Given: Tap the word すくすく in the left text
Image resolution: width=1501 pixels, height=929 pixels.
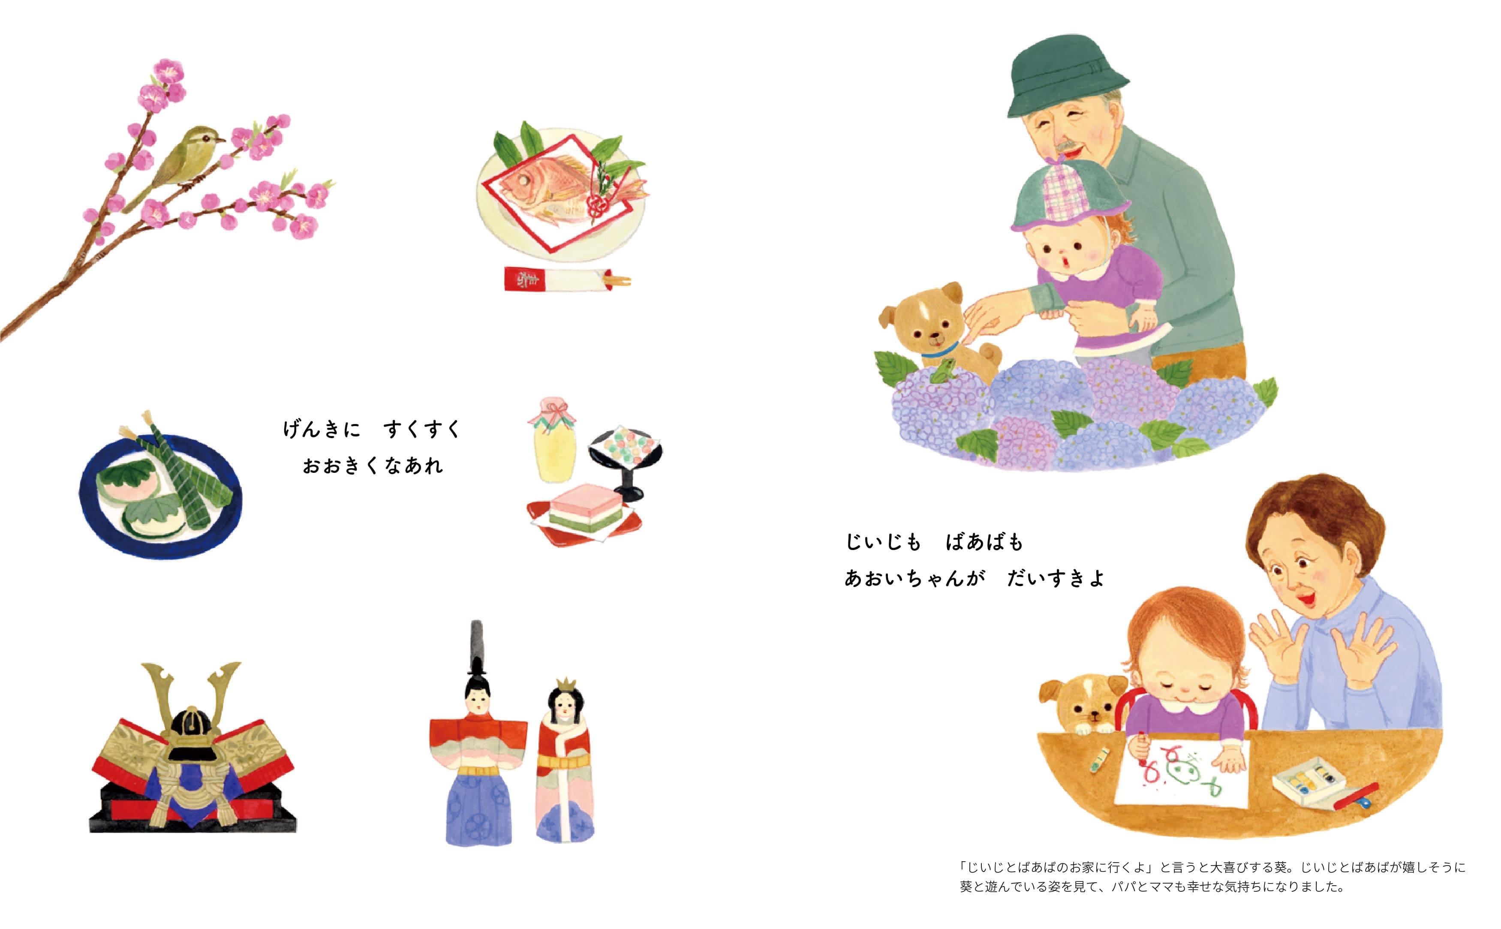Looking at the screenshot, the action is click(x=421, y=429).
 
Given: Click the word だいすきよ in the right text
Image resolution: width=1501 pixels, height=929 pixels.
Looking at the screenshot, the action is click(x=1056, y=578).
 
